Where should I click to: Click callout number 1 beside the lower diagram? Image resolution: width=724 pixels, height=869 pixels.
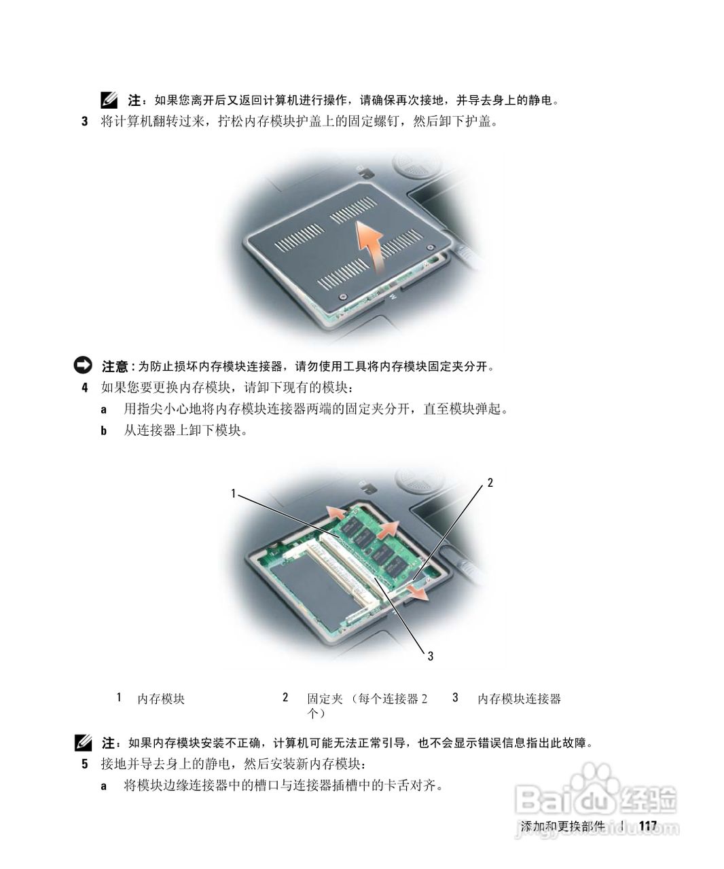click(x=233, y=494)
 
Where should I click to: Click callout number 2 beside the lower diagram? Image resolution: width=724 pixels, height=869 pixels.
click(x=490, y=483)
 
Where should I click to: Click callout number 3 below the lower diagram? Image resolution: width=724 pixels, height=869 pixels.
click(x=430, y=655)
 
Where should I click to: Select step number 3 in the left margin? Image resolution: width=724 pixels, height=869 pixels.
click(x=85, y=122)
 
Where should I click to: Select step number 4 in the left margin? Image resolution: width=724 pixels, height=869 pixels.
click(x=85, y=388)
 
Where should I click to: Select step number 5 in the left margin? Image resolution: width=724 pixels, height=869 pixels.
click(x=85, y=764)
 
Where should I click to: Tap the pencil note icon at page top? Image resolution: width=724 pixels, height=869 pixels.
click(x=108, y=100)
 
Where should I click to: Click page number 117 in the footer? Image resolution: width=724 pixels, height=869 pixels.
click(x=649, y=826)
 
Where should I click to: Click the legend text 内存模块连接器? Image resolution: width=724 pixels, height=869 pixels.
click(x=519, y=699)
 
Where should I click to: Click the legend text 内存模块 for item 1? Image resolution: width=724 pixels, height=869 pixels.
click(x=161, y=699)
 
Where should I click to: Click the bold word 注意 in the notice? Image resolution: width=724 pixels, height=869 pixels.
click(x=115, y=367)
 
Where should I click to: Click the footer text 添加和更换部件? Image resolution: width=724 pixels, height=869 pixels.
click(x=562, y=826)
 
